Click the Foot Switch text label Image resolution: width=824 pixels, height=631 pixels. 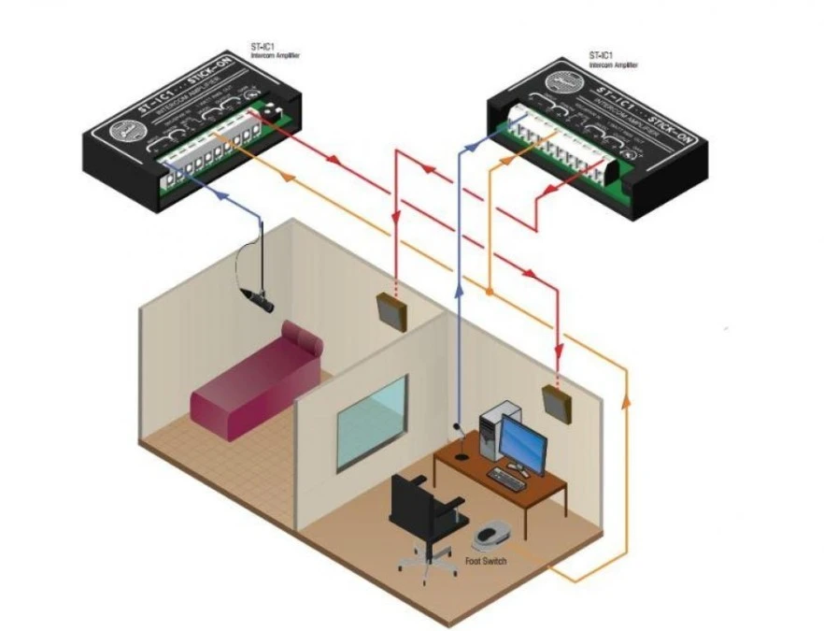click(486, 561)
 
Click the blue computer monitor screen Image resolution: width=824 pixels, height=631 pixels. click(523, 438)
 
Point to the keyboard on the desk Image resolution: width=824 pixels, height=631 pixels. click(506, 480)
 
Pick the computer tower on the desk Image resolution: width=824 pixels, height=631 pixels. click(491, 431)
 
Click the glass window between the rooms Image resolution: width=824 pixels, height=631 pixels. click(372, 423)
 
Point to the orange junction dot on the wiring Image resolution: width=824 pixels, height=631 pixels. click(488, 292)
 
